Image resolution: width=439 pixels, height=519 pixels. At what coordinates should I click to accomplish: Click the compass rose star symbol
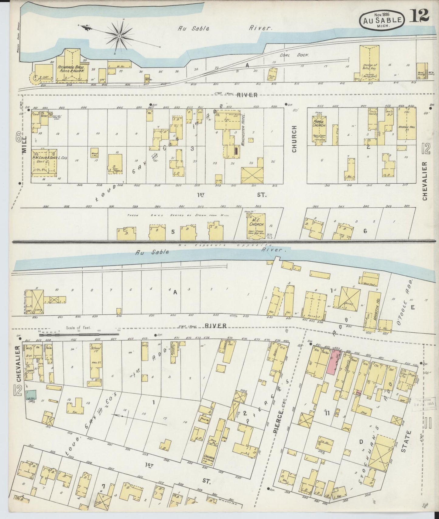pyautogui.click(x=120, y=36)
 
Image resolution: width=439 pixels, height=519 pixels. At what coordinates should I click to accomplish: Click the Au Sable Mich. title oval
pyautogui.click(x=382, y=20)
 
